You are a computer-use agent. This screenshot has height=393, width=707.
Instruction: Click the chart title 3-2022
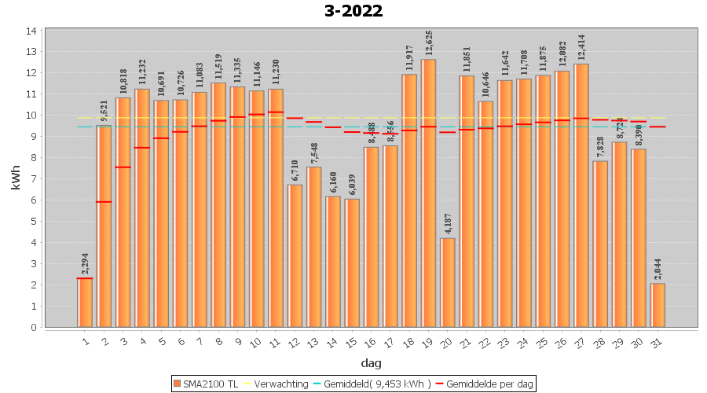(353, 11)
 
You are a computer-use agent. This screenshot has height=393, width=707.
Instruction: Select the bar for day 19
(428, 193)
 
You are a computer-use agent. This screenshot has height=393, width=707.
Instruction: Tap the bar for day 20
(448, 282)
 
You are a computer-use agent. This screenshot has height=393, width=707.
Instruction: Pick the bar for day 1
(85, 303)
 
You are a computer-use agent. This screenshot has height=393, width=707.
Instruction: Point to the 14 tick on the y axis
(32, 31)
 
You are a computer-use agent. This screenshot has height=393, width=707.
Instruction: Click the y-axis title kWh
(16, 178)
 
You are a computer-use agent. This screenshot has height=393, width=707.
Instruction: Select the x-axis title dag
(371, 362)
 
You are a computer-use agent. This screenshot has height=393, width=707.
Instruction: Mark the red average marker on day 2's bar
(104, 202)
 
